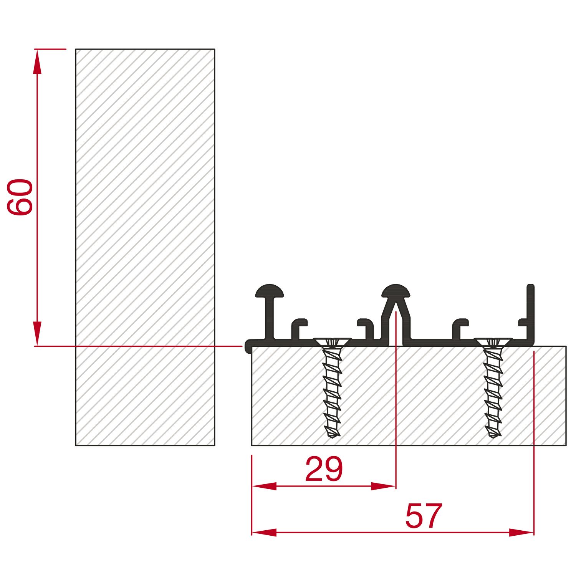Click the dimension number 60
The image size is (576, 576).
click(x=20, y=197)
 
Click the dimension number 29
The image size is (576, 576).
click(x=324, y=469)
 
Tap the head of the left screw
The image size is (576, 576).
click(x=333, y=342)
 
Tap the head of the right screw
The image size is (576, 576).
click(x=493, y=342)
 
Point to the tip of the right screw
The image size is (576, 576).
click(x=494, y=437)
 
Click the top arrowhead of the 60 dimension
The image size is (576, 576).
click(x=37, y=61)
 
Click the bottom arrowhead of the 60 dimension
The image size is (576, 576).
click(x=37, y=334)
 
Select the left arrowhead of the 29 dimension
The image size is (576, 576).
click(x=264, y=486)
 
